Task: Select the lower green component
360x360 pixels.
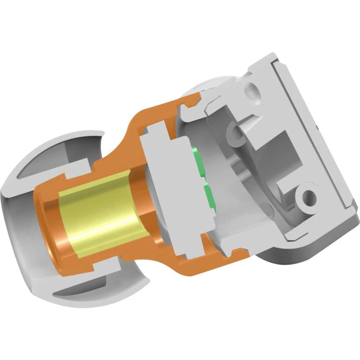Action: pyautogui.click(x=209, y=196)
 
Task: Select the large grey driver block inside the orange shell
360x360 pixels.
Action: pyautogui.click(x=169, y=187)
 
